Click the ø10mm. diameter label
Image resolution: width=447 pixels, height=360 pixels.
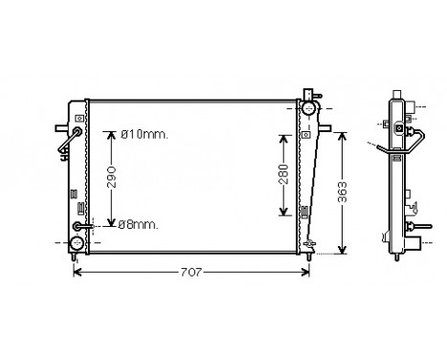[145, 134]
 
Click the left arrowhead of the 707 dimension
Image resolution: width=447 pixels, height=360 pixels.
[78, 273]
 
